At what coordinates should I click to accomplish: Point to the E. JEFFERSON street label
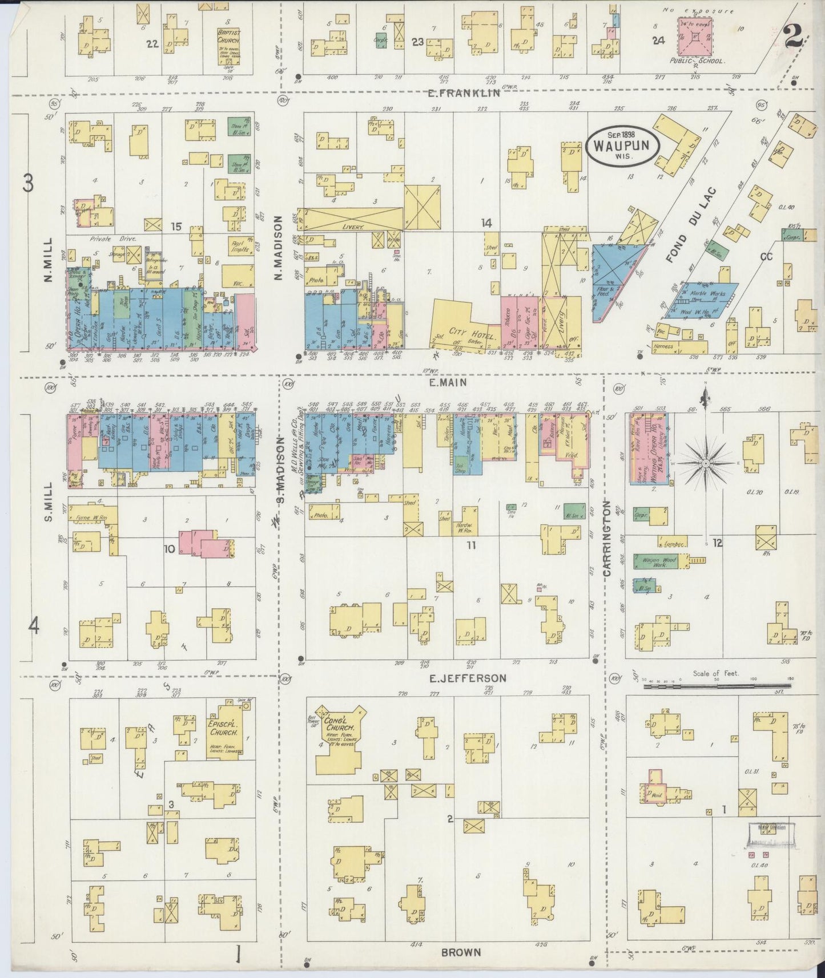click(468, 678)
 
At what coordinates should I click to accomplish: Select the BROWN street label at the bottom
click(460, 952)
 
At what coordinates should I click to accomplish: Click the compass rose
click(706, 463)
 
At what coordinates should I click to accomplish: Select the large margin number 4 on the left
click(34, 627)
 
